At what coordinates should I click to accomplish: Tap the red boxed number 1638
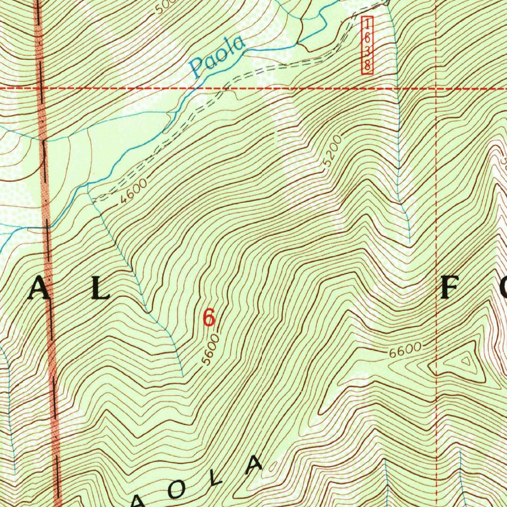(367, 45)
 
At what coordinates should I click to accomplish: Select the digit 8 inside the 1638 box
(367, 65)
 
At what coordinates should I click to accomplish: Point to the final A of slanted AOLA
(254, 463)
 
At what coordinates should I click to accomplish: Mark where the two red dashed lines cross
(436, 89)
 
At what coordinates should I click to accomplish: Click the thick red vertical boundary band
(50, 297)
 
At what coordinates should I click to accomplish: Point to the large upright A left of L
(39, 289)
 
